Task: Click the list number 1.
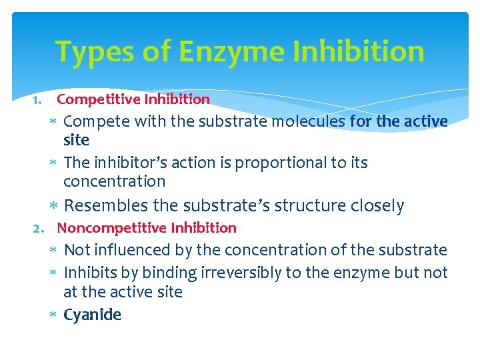37,100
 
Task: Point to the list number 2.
39,228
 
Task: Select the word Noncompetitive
112,228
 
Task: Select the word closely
379,206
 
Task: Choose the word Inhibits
90,273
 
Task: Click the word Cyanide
92,315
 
